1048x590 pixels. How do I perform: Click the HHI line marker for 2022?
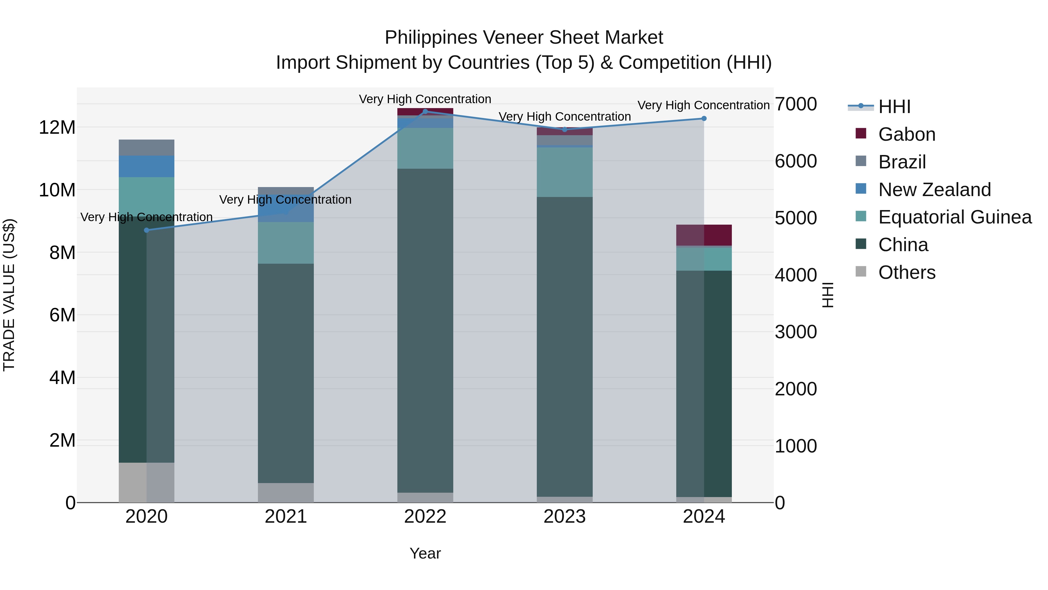425,111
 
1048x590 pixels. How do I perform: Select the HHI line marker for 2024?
704,119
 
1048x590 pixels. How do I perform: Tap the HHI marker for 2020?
146,230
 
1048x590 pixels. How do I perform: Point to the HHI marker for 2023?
564,129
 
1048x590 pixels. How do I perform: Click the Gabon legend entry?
907,134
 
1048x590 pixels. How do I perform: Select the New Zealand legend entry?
934,190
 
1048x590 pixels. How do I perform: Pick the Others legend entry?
907,272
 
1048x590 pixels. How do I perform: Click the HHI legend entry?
894,107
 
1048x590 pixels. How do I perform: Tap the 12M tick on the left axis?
57,127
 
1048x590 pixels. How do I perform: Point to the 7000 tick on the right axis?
795,104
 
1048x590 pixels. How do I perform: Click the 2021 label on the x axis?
286,516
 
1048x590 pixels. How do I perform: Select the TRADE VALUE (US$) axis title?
9,295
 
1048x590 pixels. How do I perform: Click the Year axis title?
425,553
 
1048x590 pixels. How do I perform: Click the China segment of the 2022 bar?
425,330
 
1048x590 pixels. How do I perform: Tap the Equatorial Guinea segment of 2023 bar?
564,172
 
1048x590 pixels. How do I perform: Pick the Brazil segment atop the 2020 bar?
146,147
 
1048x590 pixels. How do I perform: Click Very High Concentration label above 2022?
425,99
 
